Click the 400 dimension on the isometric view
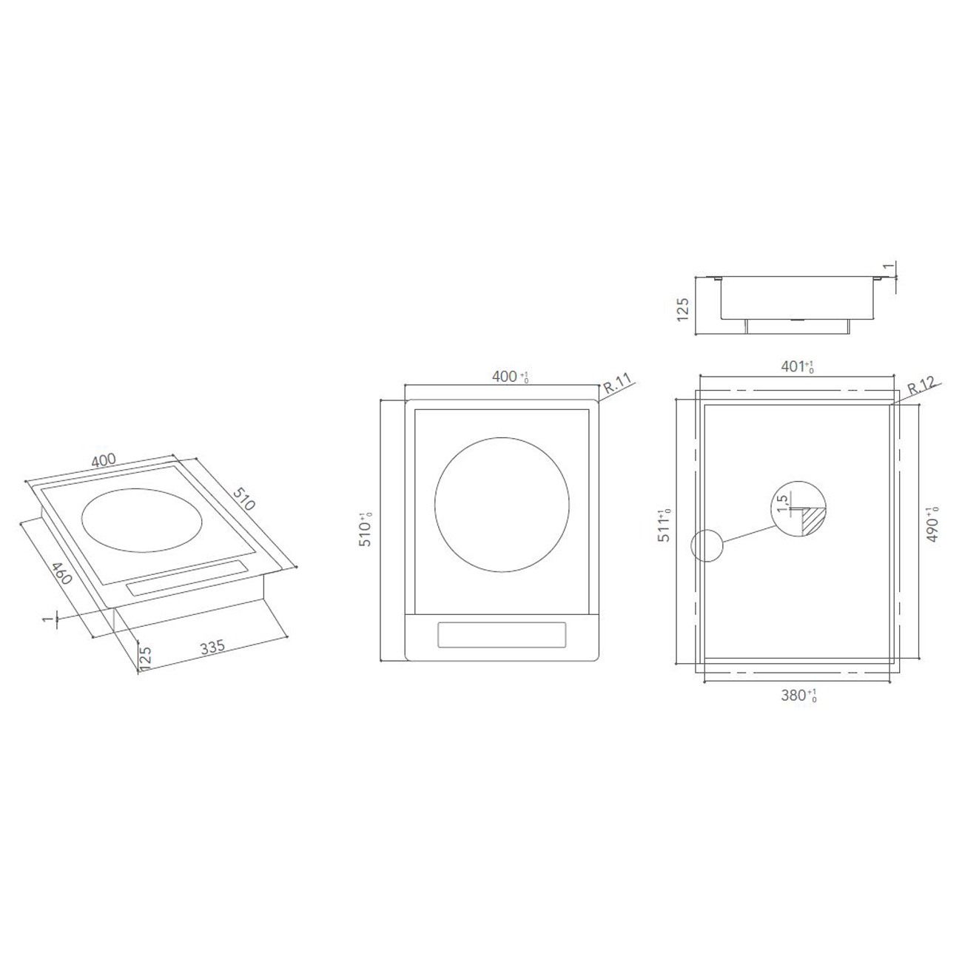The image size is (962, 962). [x=104, y=460]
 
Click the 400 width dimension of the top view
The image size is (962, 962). [x=508, y=377]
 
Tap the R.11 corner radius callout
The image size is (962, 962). [x=616, y=386]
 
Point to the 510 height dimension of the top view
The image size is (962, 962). [x=366, y=529]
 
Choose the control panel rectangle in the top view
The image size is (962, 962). [x=502, y=634]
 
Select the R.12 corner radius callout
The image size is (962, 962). [x=921, y=386]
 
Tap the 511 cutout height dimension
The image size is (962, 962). [x=665, y=526]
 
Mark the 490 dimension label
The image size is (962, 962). [x=933, y=526]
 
